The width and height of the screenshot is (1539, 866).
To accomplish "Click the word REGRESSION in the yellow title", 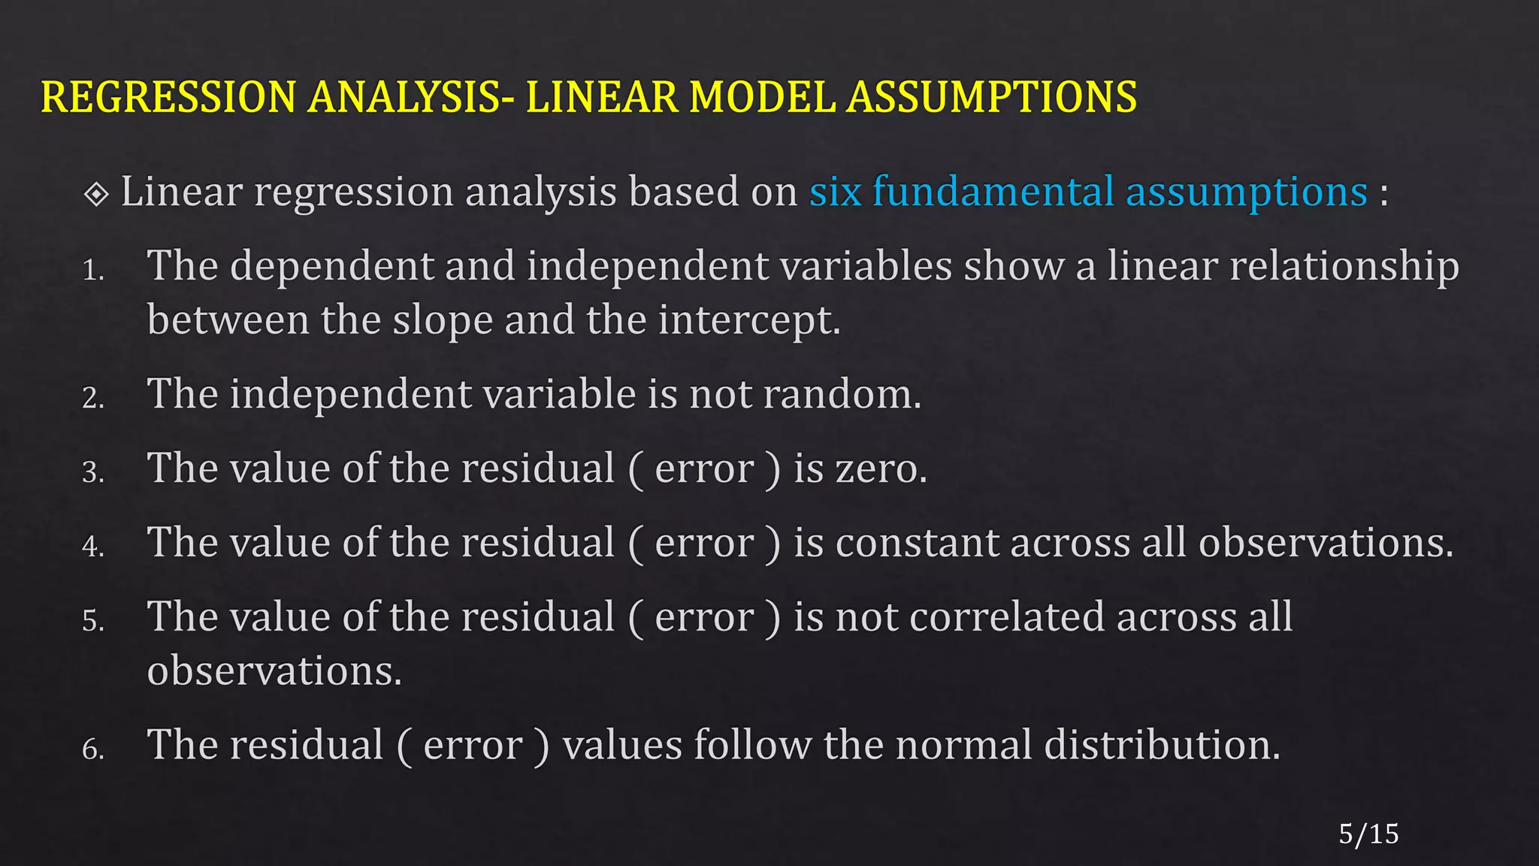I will [168, 98].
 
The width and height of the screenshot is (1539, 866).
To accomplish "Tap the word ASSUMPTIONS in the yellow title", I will [992, 98].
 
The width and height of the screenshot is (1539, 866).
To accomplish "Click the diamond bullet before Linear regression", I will [97, 194].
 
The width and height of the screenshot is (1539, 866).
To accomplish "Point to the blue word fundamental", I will [993, 192].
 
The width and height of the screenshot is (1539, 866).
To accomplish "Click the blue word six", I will [835, 192].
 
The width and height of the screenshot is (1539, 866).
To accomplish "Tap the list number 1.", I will [92, 271].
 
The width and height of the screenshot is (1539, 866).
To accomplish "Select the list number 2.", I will [92, 398].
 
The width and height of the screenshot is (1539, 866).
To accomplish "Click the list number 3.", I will [92, 473].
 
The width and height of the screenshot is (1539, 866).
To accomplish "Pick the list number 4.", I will [92, 547].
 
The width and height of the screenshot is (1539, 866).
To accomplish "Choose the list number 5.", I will [92, 622].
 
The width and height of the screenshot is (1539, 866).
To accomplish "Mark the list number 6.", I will [92, 749].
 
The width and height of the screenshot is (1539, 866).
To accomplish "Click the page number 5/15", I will [1368, 834].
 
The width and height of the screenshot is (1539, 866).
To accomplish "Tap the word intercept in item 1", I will [748, 321].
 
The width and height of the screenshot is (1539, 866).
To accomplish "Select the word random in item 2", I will [841, 395].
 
